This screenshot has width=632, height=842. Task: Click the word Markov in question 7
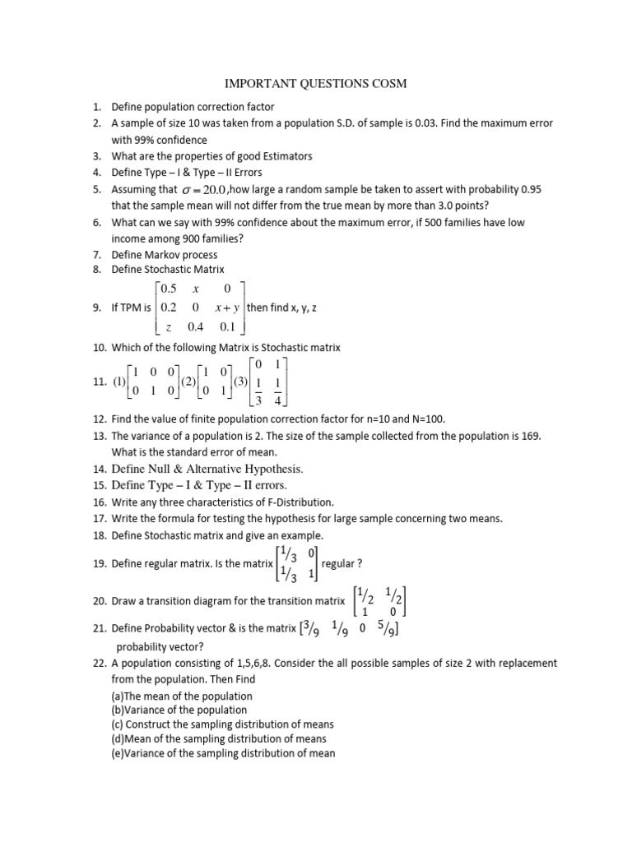[165, 255]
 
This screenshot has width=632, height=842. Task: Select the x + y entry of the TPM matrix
[227, 308]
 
